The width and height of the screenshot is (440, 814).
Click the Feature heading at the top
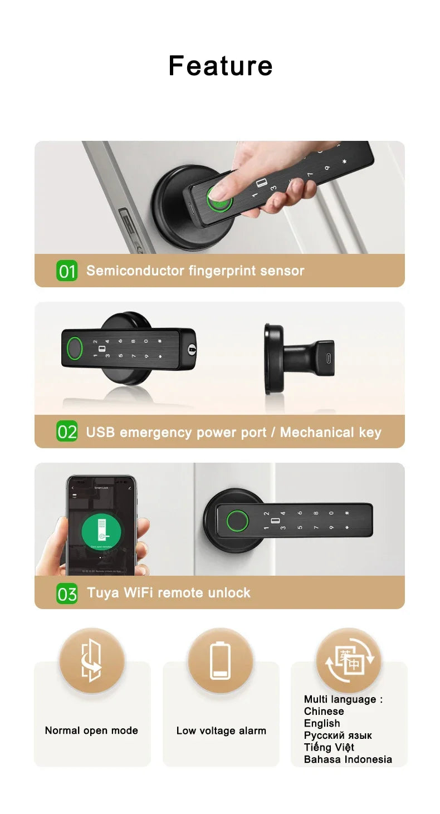[220, 66]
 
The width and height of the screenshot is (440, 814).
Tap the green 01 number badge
[67, 271]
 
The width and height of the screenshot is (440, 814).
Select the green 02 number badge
[67, 432]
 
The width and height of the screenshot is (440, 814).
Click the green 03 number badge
[67, 594]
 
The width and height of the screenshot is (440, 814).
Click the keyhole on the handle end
[192, 350]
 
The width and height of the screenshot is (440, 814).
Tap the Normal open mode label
[91, 730]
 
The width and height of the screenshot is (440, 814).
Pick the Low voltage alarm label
[221, 730]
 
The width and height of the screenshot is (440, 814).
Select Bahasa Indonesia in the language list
[348, 759]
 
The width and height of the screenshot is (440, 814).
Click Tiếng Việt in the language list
[329, 747]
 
